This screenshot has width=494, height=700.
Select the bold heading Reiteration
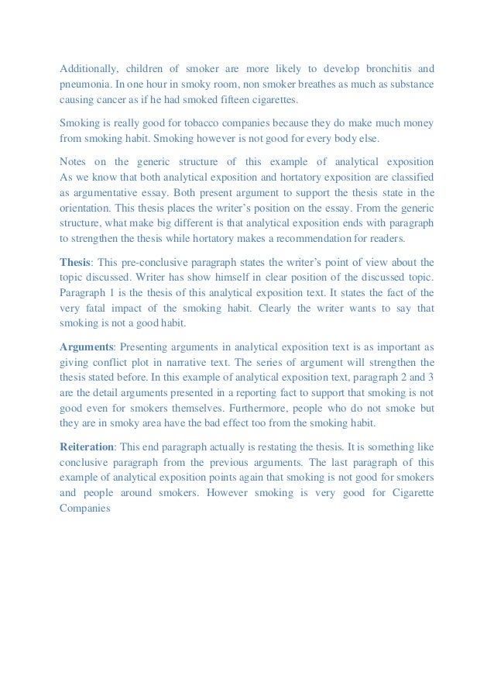click(87, 447)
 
